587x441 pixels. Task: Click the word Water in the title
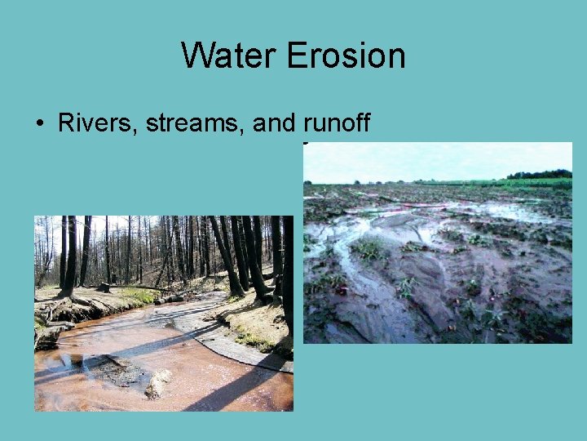coord(229,56)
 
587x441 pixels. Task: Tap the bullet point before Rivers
coord(39,124)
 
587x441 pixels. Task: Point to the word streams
coord(196,123)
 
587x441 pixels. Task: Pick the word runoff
coord(337,123)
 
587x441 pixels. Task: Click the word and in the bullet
coord(274,123)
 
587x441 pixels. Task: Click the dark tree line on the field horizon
coord(539,174)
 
